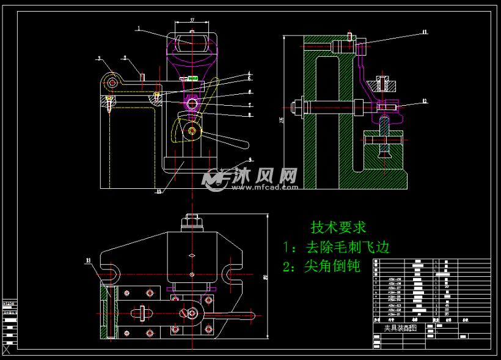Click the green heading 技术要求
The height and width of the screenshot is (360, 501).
338,227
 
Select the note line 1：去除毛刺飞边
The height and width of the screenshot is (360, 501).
336,247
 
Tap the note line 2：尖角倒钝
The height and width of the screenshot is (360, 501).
321,266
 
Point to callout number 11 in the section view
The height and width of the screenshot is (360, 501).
424,32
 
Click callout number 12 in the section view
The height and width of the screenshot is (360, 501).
424,101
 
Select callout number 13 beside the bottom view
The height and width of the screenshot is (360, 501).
89,261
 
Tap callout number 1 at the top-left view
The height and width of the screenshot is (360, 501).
139,28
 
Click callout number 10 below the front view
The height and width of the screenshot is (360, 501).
159,191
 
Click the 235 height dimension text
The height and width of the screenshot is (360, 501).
282,120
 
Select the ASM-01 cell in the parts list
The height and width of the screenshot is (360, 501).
395,314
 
